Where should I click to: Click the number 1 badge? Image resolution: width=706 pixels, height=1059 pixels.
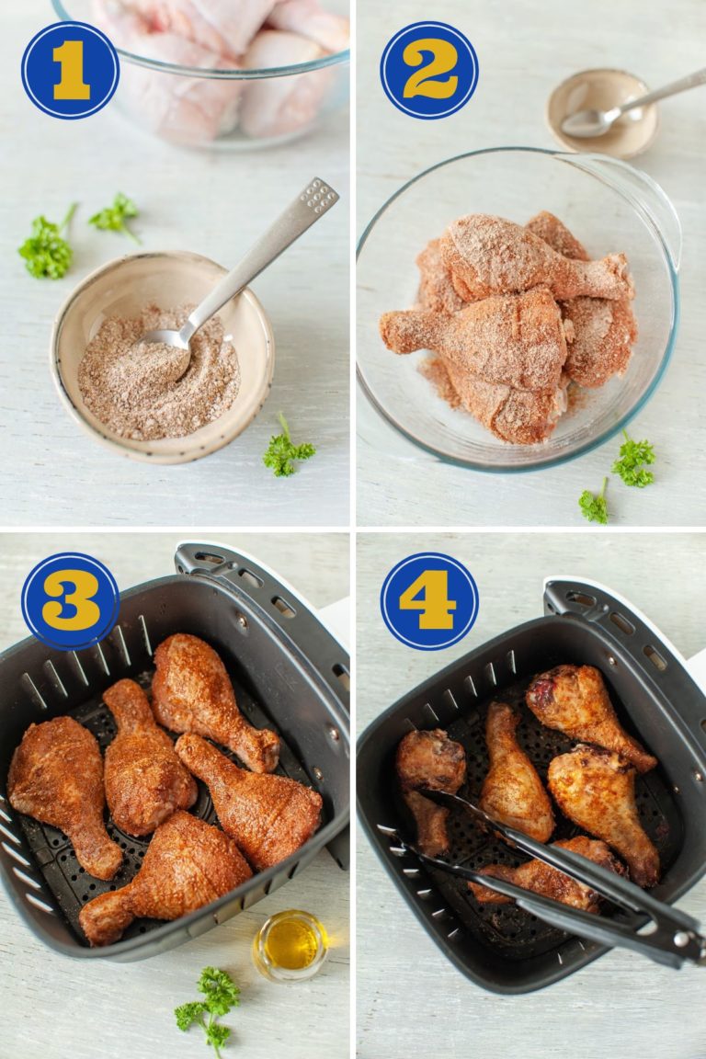point(70,70)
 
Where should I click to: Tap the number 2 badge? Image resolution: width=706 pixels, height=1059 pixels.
point(429,70)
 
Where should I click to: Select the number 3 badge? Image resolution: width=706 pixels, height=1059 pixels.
point(70,601)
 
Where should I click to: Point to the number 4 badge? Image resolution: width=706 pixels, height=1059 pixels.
point(429,601)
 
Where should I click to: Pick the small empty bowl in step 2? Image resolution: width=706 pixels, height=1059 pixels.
point(602,112)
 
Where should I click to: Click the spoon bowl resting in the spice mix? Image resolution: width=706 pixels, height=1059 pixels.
point(166,340)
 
